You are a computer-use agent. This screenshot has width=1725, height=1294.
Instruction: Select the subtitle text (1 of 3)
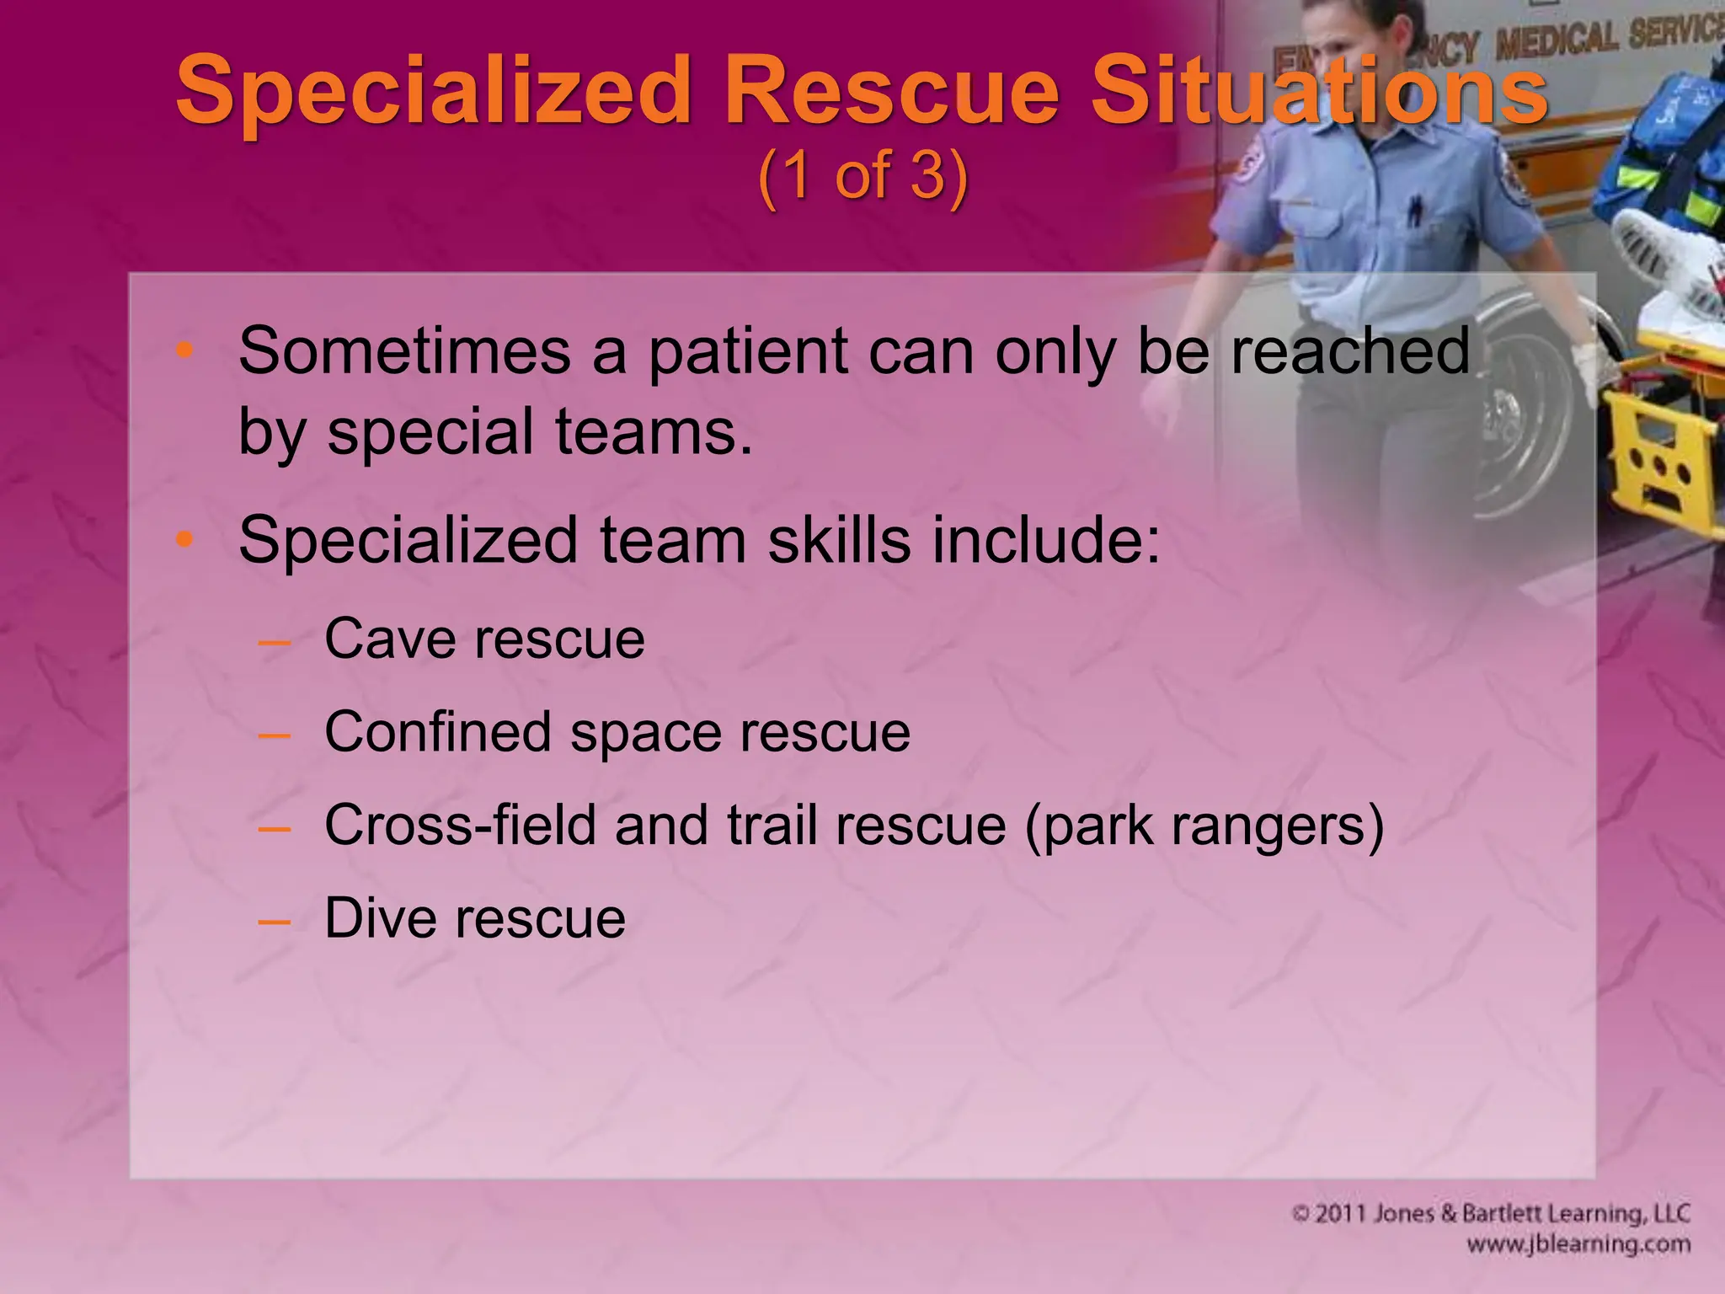[862, 176]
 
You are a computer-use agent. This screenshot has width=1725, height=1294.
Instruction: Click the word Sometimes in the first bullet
[404, 351]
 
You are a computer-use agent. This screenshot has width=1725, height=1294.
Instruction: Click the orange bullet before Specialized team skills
[184, 539]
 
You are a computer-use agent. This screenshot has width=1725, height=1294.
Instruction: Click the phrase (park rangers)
[1204, 826]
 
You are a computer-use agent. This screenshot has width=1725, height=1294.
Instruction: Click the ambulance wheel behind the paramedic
[1525, 421]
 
